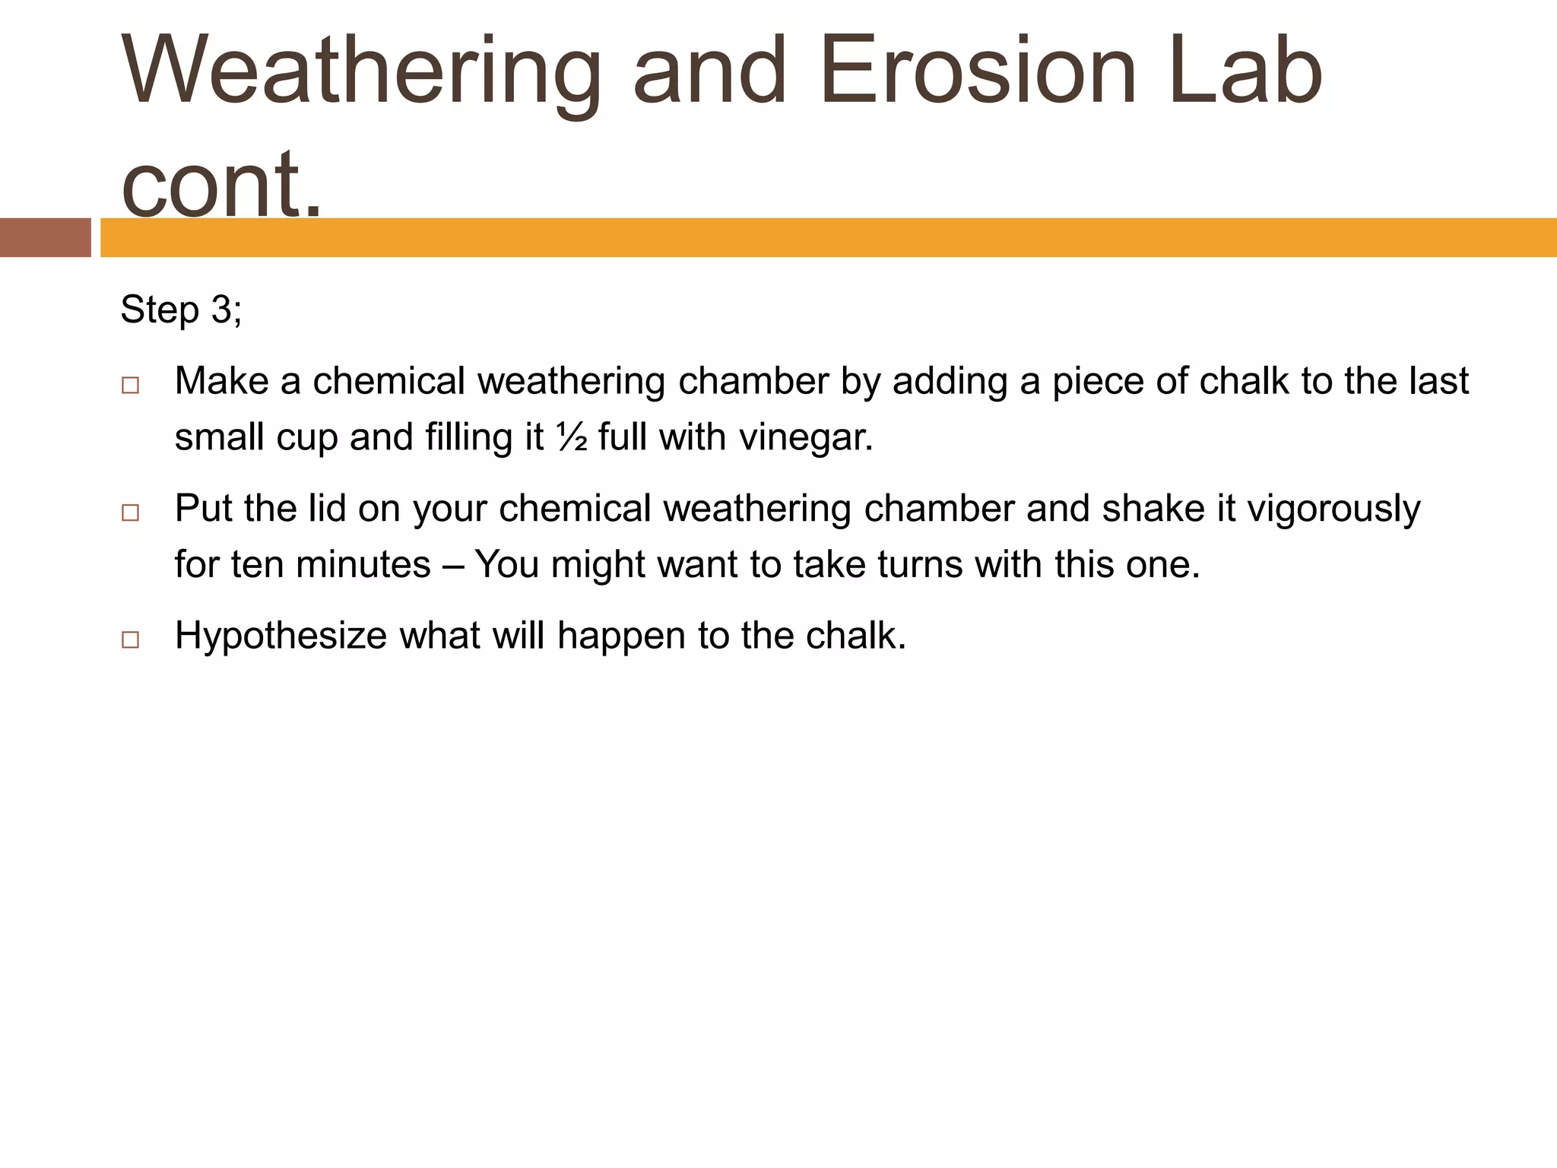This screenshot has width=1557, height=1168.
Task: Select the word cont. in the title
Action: click(x=221, y=182)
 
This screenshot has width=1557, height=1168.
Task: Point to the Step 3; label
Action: click(x=181, y=309)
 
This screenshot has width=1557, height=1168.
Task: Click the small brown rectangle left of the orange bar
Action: click(x=45, y=237)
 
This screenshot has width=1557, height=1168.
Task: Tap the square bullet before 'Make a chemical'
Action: click(x=130, y=386)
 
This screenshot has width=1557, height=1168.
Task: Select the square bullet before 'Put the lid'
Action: click(x=130, y=513)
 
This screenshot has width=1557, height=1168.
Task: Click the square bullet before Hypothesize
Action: click(x=130, y=640)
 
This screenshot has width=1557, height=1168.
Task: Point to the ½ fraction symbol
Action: click(x=572, y=437)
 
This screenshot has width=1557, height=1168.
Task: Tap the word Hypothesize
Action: click(x=281, y=636)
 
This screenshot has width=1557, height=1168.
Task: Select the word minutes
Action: click(x=363, y=564)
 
